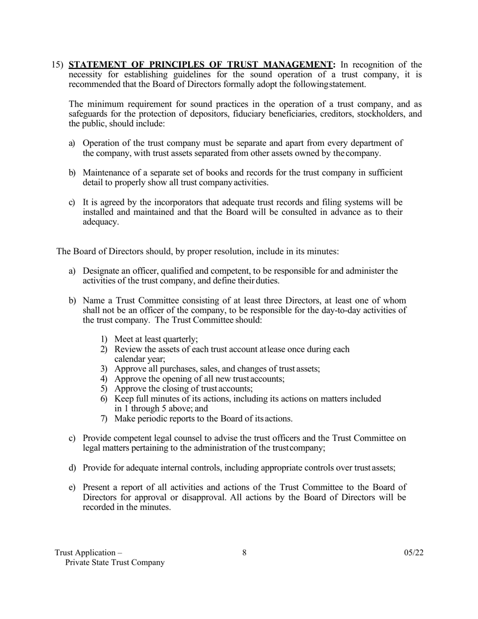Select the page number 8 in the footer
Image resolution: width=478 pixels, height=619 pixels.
[245, 553]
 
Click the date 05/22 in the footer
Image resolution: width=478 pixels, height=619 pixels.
[414, 553]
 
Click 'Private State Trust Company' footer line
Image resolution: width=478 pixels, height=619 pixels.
[115, 563]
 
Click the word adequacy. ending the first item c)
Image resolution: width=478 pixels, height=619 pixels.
[101, 222]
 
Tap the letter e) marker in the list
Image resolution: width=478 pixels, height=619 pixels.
[72, 487]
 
